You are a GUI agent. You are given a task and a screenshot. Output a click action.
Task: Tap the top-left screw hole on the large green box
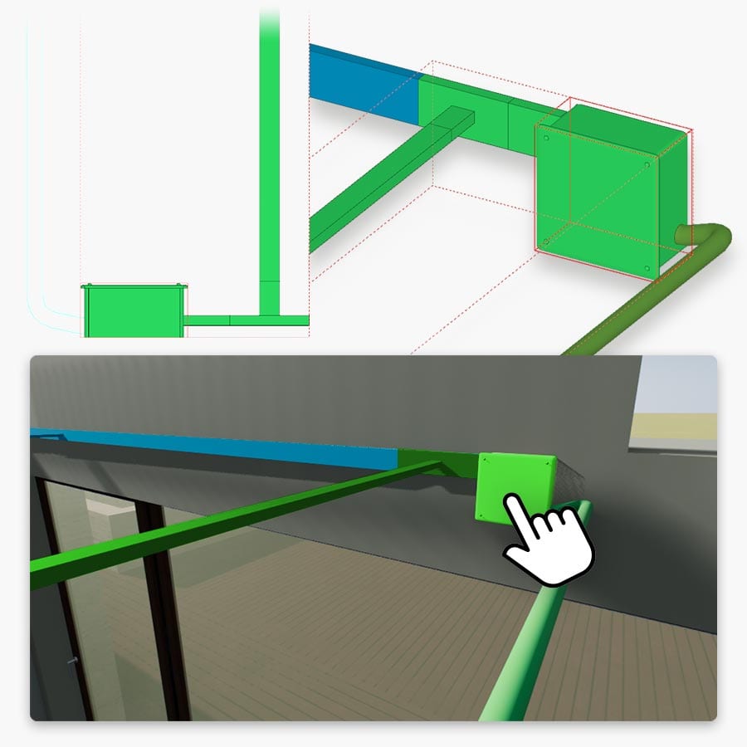coord(548,139)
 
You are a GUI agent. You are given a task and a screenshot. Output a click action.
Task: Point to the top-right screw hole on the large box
coord(647,164)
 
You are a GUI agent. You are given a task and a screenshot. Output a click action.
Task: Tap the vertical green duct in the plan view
coord(269,166)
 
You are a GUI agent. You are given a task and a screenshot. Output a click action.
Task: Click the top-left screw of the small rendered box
coord(484,458)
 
